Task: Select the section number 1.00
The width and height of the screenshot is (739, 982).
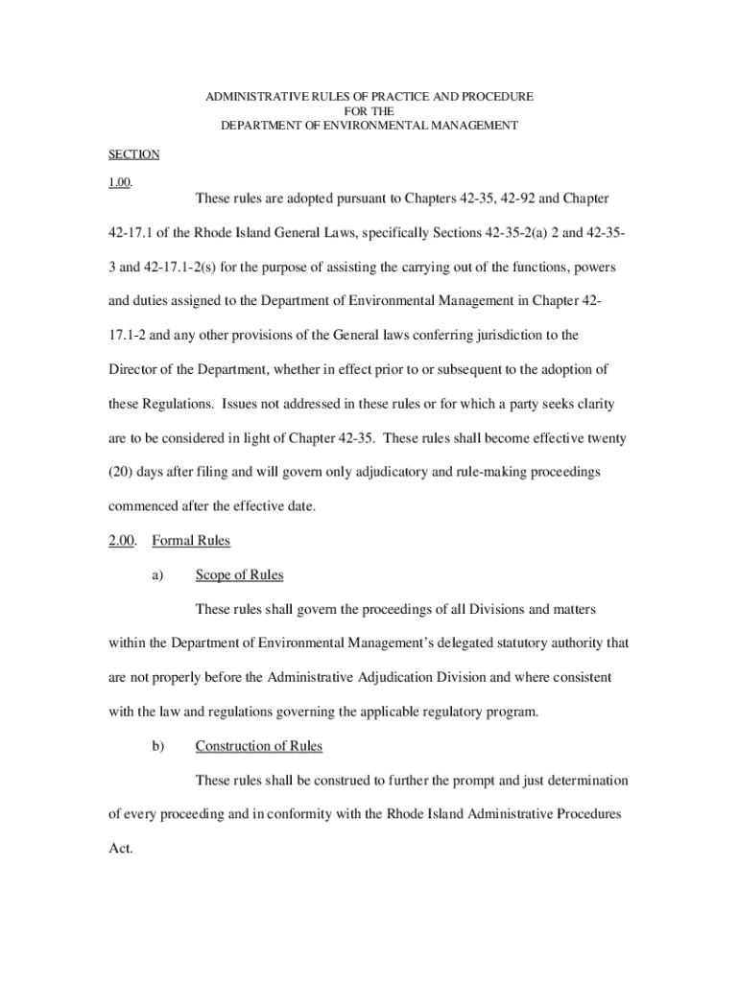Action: (119, 183)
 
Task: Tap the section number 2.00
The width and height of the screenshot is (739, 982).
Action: (122, 541)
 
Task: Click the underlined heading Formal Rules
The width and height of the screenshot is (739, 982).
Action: (191, 541)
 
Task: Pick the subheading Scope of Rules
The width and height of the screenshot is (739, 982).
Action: (239, 575)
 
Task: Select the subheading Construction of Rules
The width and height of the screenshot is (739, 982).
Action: (258, 746)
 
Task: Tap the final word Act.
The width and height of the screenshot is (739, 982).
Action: (120, 850)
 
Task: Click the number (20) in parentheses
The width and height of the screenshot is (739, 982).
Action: (122, 472)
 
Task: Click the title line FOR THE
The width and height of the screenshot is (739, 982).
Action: (369, 111)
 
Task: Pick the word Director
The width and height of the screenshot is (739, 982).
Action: (132, 369)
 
